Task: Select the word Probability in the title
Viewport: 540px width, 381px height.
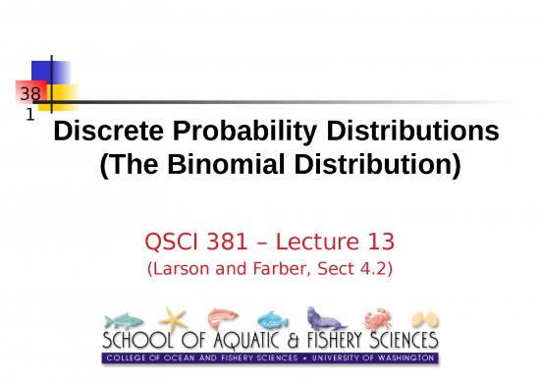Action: pos(231,132)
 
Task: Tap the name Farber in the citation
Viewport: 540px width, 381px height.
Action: pos(272,267)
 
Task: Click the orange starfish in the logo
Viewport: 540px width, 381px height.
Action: pos(173,318)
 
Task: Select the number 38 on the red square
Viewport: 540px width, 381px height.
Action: pos(27,94)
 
